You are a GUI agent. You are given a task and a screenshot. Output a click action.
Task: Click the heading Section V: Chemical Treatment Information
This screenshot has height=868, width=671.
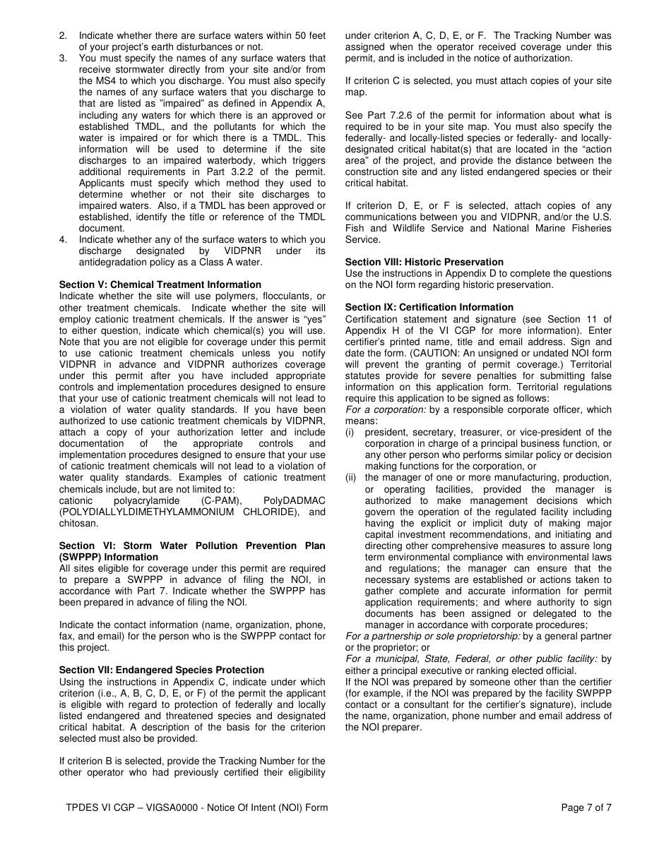tap(160, 285)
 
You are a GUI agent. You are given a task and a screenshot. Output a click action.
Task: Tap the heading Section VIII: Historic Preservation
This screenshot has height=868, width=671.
tap(424, 262)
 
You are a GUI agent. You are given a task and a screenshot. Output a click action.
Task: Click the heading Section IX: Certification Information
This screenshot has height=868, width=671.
tap(429, 307)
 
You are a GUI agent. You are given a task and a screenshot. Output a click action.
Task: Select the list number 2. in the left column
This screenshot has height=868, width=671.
tap(63, 35)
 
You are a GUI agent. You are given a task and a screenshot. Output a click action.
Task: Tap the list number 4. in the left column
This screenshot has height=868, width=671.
tap(63, 239)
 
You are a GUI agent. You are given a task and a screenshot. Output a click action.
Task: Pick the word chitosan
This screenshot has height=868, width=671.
tap(79, 523)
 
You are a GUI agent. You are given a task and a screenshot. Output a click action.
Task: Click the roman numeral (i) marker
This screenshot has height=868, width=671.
tap(350, 432)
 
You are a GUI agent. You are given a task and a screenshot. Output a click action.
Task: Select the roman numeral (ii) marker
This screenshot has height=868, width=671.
tap(351, 478)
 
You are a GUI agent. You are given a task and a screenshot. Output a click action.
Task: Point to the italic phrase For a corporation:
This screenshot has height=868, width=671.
tap(386, 409)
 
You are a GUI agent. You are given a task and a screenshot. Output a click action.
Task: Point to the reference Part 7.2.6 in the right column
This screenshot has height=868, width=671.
tap(385, 115)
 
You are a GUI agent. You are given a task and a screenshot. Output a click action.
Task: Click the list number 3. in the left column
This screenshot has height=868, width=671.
tap(63, 58)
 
